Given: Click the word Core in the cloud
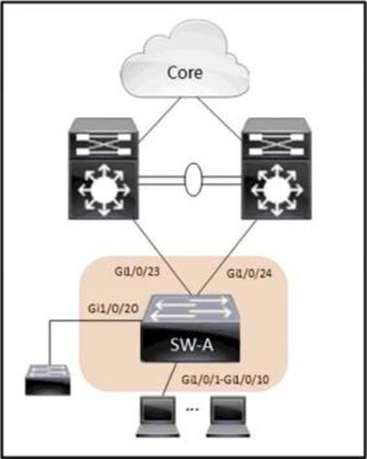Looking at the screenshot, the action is (x=185, y=72).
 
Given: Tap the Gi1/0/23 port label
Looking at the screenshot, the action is (x=138, y=272).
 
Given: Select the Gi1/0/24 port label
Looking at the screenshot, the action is (x=249, y=274).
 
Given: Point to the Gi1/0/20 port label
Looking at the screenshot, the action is (x=113, y=308).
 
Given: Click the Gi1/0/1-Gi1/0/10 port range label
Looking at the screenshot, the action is (x=225, y=379).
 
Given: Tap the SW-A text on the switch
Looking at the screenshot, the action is (x=192, y=345).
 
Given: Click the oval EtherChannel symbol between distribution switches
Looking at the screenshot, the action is (x=193, y=179).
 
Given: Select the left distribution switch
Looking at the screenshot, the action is (x=103, y=168).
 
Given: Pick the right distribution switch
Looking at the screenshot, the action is (x=276, y=168).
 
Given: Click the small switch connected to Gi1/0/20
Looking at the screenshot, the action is (x=48, y=380).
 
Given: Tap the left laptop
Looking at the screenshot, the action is (x=158, y=417).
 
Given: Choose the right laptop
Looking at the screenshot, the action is (x=229, y=417).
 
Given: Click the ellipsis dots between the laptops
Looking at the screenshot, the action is (x=192, y=409).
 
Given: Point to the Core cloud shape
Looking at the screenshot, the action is (x=185, y=59).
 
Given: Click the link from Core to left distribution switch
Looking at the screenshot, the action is (x=159, y=120).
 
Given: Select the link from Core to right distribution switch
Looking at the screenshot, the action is (x=219, y=118).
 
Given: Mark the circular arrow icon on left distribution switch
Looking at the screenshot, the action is (x=103, y=190).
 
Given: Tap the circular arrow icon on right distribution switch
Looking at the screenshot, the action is (x=276, y=190).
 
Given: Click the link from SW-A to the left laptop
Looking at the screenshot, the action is (x=169, y=379).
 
